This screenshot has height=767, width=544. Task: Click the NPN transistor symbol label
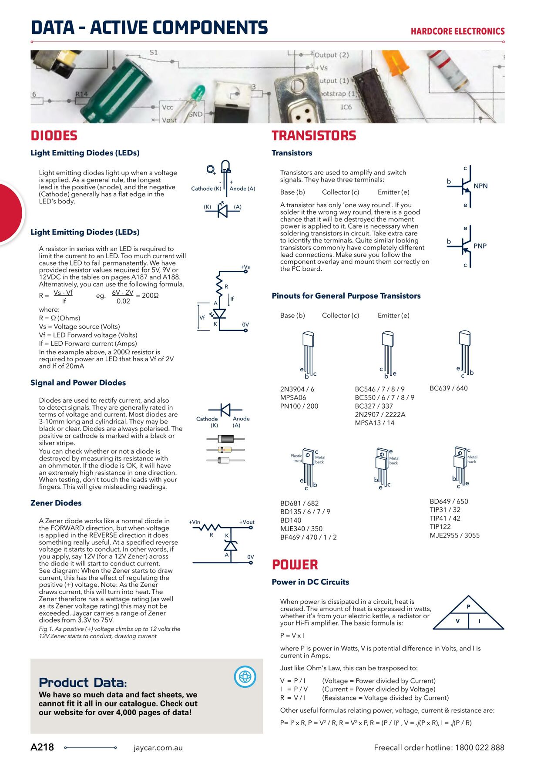coord(480,186)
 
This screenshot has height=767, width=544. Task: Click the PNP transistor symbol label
coord(480,246)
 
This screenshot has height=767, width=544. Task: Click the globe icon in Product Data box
coord(245,676)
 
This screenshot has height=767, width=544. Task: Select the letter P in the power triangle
coord(469,606)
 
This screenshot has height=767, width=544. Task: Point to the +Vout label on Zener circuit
coord(247,522)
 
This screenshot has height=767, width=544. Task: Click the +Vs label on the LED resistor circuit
coord(245,267)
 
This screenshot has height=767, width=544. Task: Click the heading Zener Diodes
coord(56,503)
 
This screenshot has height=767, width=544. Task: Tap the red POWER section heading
coord(295,565)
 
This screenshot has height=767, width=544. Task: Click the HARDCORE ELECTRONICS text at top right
coord(457,31)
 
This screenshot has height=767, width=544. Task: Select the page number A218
coord(42,747)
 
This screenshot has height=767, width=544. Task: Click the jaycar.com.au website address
coord(158,748)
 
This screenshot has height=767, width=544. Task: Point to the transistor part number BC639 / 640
coord(448,388)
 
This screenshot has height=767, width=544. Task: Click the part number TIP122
coord(440,527)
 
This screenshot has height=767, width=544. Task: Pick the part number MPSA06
coord(293,397)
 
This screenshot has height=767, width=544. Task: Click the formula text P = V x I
coord(292,636)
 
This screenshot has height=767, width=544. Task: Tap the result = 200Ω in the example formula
coord(147,296)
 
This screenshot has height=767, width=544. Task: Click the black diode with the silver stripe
coord(225,439)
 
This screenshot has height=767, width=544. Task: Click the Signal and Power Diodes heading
coord(78,383)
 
